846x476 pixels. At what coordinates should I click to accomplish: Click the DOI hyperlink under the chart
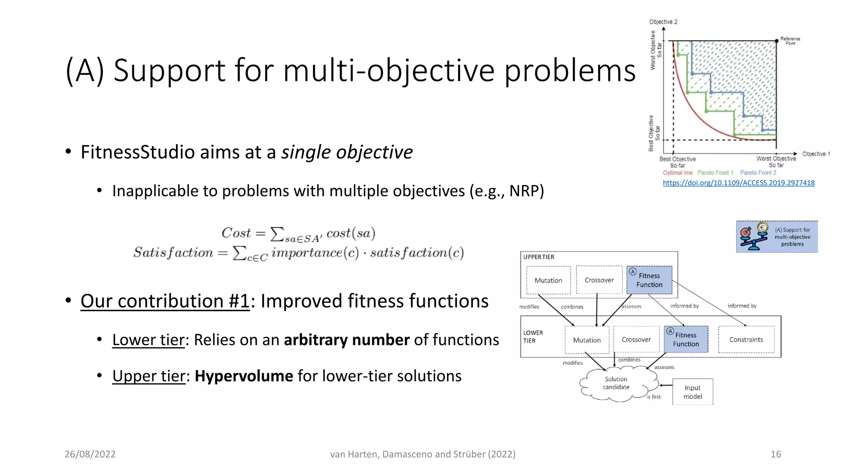click(739, 183)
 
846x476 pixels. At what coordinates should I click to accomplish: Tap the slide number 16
click(775, 454)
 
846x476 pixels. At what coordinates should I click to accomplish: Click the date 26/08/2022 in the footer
click(90, 454)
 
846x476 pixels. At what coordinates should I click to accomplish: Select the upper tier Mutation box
click(548, 280)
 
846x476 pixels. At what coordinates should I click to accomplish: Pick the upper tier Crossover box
click(599, 280)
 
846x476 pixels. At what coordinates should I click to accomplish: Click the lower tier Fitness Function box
click(686, 339)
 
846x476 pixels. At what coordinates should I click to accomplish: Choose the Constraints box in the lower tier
click(746, 340)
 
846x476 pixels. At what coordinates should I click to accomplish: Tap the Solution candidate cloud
click(616, 383)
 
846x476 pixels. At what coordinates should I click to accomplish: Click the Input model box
click(692, 392)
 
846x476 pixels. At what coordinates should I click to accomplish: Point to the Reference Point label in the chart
click(790, 40)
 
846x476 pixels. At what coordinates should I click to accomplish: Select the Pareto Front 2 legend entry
click(758, 173)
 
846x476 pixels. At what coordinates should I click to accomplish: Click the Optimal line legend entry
click(677, 173)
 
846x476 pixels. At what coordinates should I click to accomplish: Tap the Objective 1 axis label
click(816, 154)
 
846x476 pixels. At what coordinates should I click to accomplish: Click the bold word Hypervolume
click(244, 376)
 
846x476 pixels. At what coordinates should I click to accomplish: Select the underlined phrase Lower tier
click(148, 340)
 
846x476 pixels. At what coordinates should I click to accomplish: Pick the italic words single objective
click(347, 152)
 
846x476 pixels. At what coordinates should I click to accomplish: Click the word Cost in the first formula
click(236, 233)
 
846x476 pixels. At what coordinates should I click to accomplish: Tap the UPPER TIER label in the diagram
click(539, 257)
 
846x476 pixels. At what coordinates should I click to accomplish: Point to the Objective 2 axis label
click(663, 21)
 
